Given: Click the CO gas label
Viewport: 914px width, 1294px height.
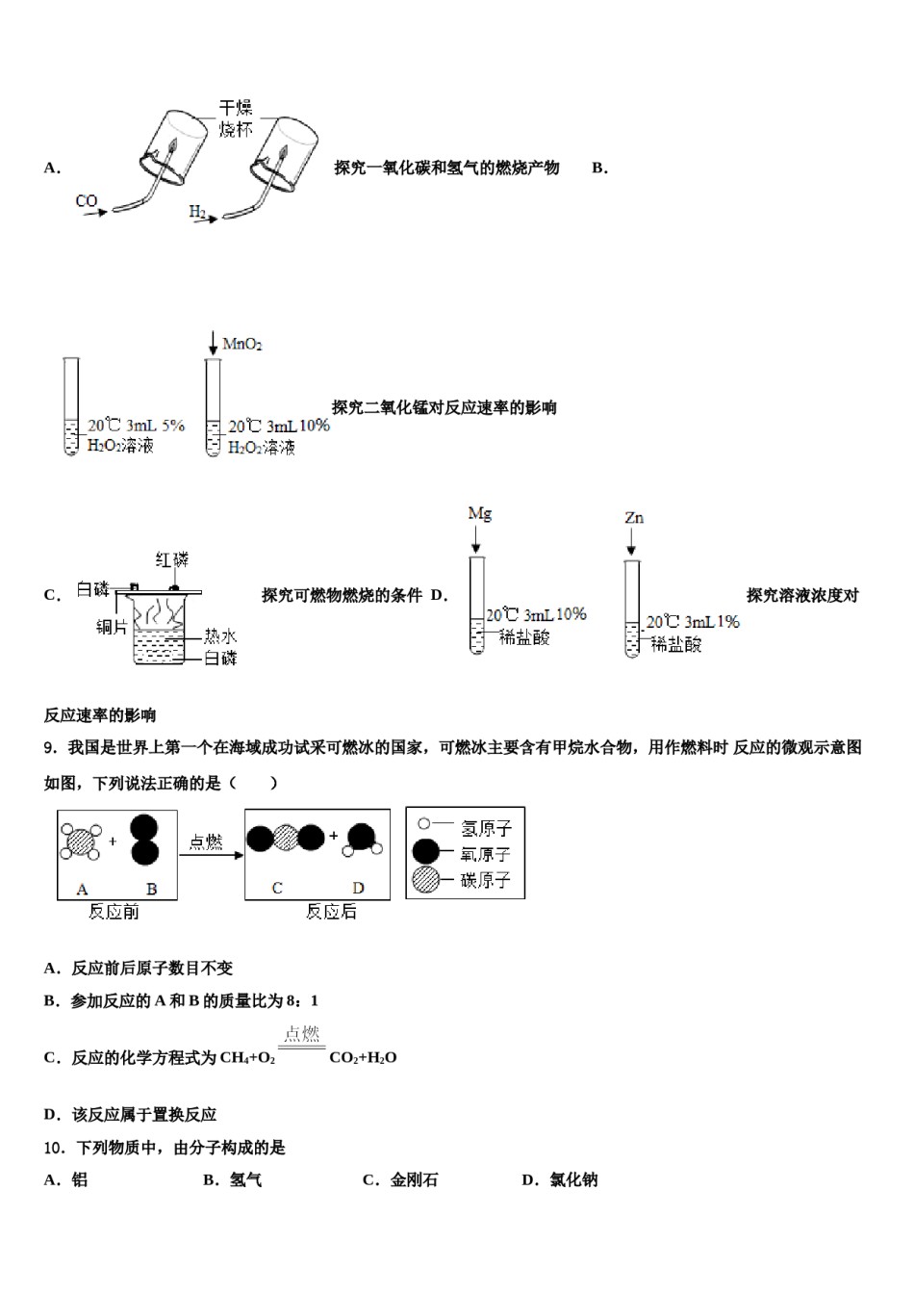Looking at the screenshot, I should pos(87,201).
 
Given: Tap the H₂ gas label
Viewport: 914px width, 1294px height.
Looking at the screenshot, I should pos(197,211).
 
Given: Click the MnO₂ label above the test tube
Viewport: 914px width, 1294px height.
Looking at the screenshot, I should pos(242,344).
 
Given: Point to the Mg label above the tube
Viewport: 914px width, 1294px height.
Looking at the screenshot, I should pos(479,513).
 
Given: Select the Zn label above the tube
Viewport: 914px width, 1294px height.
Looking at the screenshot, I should pos(634,518).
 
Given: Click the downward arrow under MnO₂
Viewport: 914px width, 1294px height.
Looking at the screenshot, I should pos(213,343).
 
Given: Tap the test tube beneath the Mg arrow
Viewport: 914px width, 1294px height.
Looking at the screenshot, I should pos(476,607).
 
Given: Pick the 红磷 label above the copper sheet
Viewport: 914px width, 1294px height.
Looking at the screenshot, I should pos(173,559).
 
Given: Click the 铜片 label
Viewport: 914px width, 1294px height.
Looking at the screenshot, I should pos(112,627).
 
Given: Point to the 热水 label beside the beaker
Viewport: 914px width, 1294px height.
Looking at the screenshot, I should pos(219,636).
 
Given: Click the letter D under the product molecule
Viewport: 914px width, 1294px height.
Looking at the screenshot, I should pos(358,888).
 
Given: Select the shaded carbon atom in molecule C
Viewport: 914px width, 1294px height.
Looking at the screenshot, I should pos(287,838).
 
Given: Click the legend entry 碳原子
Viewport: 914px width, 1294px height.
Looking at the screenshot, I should pos(486,880).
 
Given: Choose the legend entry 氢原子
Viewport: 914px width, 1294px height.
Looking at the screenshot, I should pos(486,827).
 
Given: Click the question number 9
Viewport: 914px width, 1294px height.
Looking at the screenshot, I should pos(50,747).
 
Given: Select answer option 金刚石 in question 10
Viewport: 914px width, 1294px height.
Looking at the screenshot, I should pos(414,1179).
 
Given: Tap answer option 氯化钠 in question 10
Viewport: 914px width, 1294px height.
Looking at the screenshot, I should pos(573,1179).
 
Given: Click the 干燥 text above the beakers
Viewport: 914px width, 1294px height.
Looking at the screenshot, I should pos(236,109).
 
